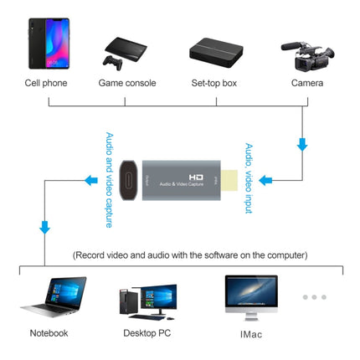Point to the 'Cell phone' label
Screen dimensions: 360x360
(x=47, y=84)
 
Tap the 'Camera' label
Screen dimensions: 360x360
(x=307, y=84)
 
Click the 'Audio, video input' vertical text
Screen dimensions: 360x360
(x=249, y=178)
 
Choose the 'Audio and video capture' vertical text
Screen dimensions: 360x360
(x=110, y=178)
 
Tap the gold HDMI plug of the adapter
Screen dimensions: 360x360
(x=232, y=178)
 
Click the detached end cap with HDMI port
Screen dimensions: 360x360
(x=129, y=179)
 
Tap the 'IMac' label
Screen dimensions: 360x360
(x=249, y=333)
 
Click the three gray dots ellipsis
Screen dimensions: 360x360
(x=314, y=296)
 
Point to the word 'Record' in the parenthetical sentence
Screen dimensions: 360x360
(x=95, y=255)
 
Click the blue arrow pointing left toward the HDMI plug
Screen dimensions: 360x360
(x=265, y=179)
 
